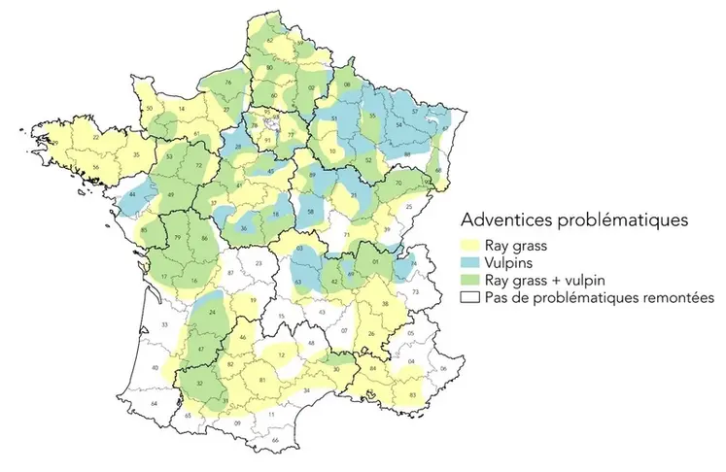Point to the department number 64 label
[x=152, y=402]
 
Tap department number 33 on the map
[x=164, y=323]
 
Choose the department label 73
[x=417, y=291]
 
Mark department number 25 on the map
[x=409, y=207]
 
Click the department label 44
[x=131, y=195]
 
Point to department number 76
[x=227, y=84]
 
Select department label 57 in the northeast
[x=416, y=113]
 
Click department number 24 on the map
[x=212, y=313]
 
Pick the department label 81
[x=262, y=380]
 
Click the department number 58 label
[x=310, y=211]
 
